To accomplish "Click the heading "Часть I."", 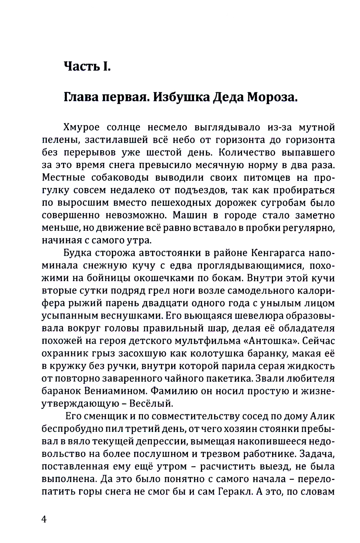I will tap(87, 66).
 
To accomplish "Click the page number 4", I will tap(44, 519).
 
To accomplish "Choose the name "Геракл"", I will tap(234, 491).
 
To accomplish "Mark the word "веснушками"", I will tap(129, 316).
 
